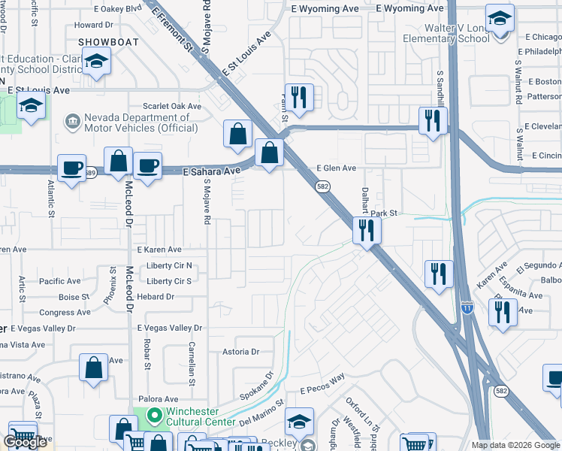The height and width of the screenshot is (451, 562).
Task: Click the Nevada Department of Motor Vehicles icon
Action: (x=73, y=121)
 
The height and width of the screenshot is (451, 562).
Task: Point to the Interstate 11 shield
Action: (x=467, y=307)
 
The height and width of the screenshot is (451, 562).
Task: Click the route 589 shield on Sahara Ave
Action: (x=89, y=171)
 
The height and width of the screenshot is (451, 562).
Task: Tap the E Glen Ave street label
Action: (x=336, y=169)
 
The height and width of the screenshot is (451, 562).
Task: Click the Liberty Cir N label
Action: (x=169, y=265)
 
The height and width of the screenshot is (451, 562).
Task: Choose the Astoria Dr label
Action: (x=240, y=351)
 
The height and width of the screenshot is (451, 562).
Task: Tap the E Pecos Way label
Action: (x=322, y=389)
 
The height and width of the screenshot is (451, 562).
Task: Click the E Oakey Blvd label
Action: (x=118, y=9)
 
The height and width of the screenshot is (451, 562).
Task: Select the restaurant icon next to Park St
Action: (x=366, y=230)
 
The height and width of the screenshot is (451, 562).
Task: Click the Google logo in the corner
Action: (x=25, y=443)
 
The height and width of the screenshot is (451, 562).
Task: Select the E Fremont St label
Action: (x=172, y=28)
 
